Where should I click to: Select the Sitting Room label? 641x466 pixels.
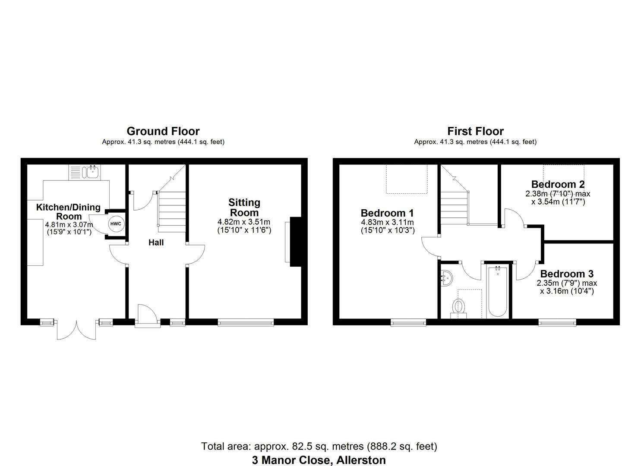tap(244, 208)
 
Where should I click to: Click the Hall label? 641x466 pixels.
tap(156, 242)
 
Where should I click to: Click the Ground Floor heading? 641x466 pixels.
tap(163, 131)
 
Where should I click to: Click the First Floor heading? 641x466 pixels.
tap(475, 131)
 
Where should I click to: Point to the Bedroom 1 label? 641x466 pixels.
tap(387, 213)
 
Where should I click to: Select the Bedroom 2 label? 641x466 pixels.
tap(558, 184)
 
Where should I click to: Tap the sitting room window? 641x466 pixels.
tap(245, 321)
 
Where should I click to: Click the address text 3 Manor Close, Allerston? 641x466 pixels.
tap(319, 460)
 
